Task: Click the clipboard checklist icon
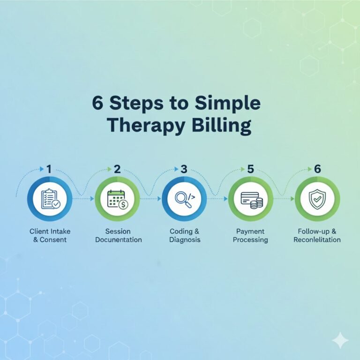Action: (x=50, y=199)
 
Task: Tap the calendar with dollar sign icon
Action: (x=117, y=199)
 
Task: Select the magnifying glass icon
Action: (x=184, y=199)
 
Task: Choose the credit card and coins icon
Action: (x=251, y=199)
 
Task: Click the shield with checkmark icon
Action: (x=317, y=199)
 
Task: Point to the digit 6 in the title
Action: (x=97, y=103)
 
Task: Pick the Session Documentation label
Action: (x=118, y=235)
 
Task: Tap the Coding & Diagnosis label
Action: (x=184, y=235)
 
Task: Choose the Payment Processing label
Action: (x=251, y=235)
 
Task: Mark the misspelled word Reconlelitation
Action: (x=317, y=240)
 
